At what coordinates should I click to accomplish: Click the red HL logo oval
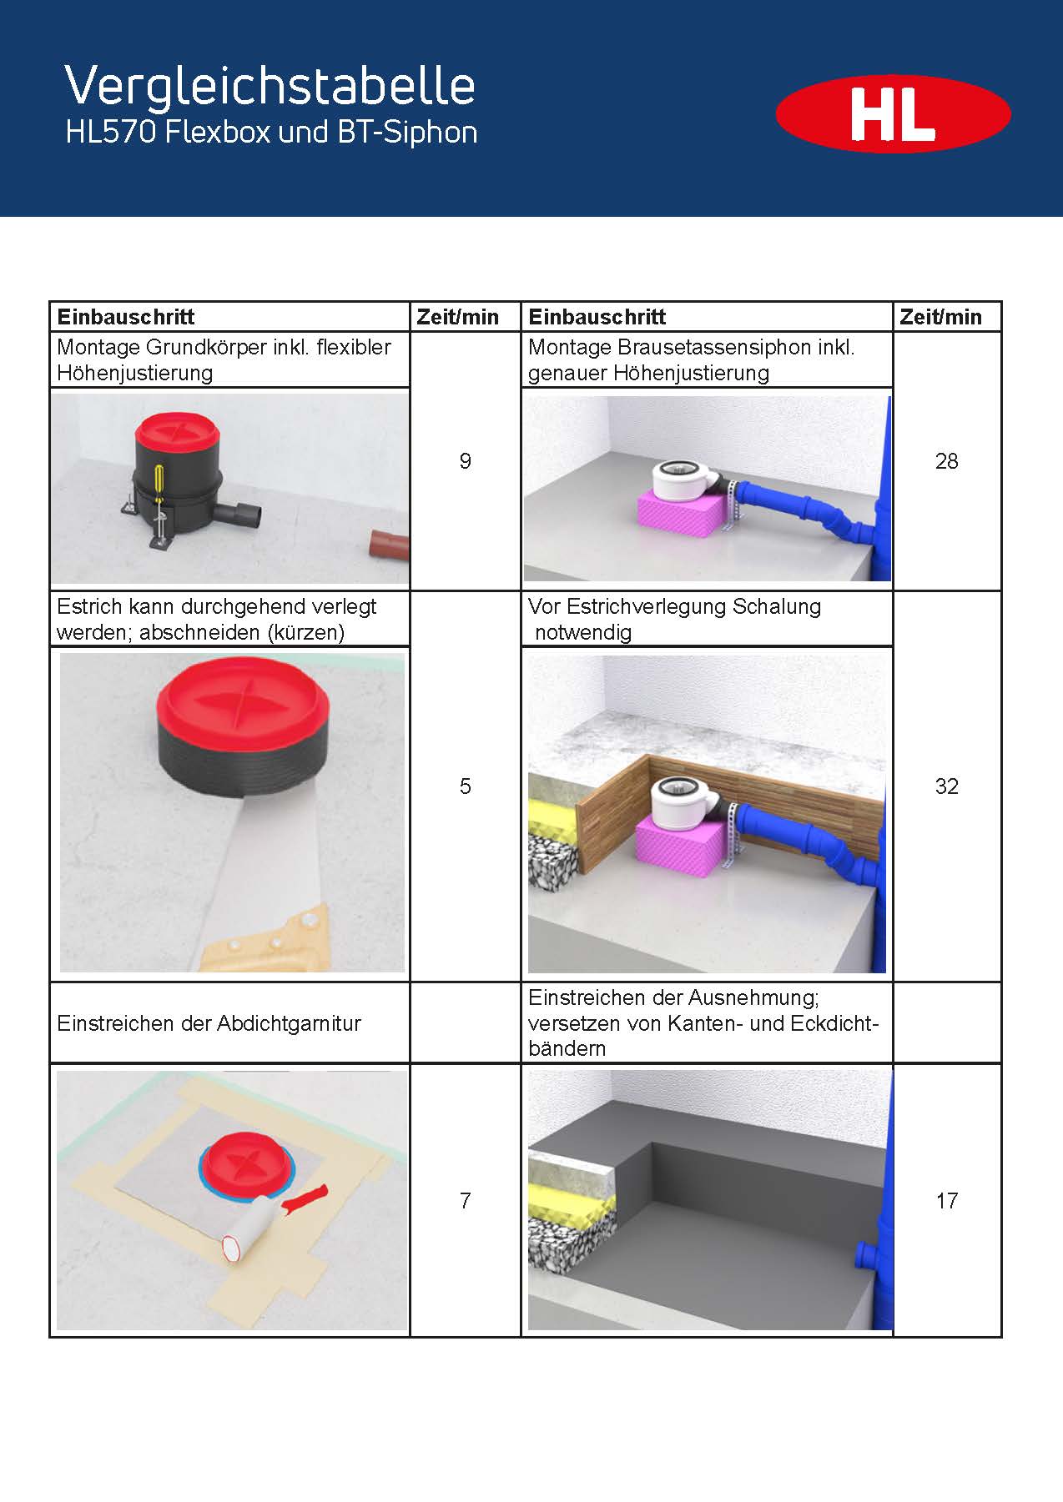click(x=893, y=114)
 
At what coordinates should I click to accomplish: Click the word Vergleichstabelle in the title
click(x=270, y=86)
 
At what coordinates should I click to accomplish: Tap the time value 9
click(x=466, y=461)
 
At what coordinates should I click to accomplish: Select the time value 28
click(x=947, y=461)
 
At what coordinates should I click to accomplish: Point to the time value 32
click(x=947, y=786)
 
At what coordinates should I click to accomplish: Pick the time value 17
click(x=947, y=1201)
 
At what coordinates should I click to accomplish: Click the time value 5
click(x=466, y=786)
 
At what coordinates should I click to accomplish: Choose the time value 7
click(x=466, y=1201)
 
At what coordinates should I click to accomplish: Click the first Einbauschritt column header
click(x=126, y=317)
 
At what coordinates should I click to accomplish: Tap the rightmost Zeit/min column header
click(x=940, y=317)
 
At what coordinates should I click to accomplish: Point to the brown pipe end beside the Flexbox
click(x=389, y=546)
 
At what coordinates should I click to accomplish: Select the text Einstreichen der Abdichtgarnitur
click(x=209, y=1023)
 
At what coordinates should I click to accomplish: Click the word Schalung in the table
click(x=776, y=606)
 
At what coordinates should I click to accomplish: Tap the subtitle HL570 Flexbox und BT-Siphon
click(x=271, y=133)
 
